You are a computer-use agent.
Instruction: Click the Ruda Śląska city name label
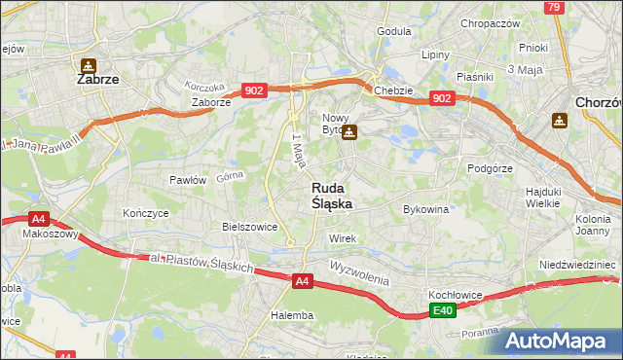pos(332,196)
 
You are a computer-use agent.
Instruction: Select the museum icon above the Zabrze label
pos(88,65)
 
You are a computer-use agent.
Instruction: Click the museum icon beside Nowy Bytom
pos(348,132)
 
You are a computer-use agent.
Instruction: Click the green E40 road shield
pos(444,310)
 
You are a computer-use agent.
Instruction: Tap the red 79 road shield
pos(553,8)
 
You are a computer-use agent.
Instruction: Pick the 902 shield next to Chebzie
pos(441,98)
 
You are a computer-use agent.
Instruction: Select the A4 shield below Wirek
pos(303,281)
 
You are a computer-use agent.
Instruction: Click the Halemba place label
pos(292,315)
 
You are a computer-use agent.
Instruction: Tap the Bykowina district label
pos(425,208)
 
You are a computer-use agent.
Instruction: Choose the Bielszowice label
pos(250,226)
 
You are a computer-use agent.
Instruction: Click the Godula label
pos(393,31)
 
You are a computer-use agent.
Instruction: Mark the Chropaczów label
pos(491,23)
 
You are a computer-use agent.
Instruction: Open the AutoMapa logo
pos(558,341)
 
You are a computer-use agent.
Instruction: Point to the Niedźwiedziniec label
pos(580,264)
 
